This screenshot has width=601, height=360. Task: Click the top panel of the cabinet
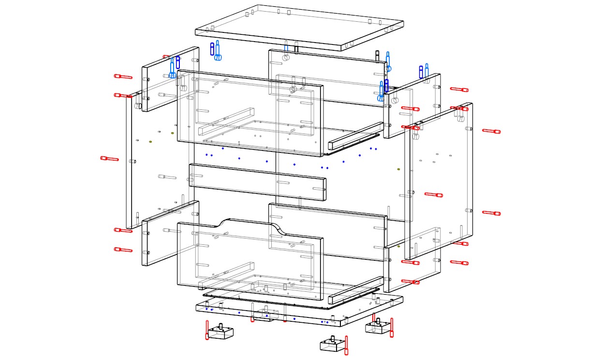pos(300,27)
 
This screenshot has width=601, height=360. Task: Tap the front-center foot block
pos(332,344)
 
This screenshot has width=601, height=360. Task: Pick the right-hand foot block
pos(377,327)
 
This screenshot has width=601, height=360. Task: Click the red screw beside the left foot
pos(207,330)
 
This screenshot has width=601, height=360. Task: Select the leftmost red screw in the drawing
pos(109,158)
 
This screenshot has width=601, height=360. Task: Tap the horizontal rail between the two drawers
pos(257,182)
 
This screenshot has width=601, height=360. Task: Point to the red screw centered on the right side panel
pos(433,195)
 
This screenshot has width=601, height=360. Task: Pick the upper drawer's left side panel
pos(170,80)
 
